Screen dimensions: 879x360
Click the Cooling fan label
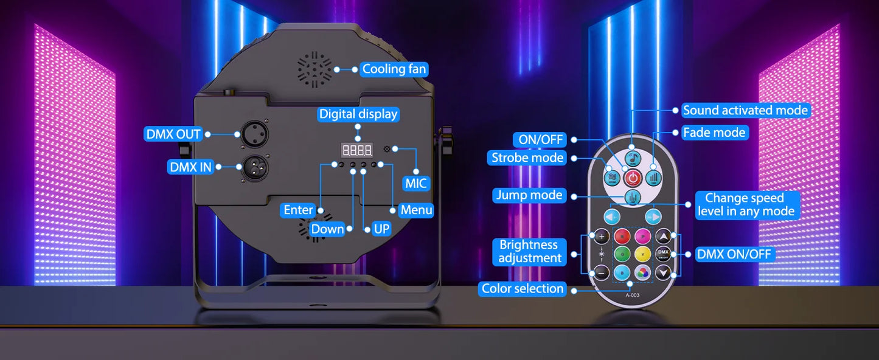point(394,69)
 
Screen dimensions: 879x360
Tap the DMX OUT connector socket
point(254,134)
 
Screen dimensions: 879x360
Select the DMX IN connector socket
point(255,167)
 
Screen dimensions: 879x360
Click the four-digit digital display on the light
point(356,150)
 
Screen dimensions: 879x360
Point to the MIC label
point(415,184)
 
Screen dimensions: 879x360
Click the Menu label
point(416,210)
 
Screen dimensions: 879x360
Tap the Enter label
point(298,210)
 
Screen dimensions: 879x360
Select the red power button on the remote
point(633,178)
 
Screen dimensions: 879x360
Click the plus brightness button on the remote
point(602,237)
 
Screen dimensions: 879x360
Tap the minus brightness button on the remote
point(602,272)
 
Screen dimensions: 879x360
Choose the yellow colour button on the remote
point(643,254)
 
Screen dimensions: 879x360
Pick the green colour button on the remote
point(622,254)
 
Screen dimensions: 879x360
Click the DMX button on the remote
point(663,254)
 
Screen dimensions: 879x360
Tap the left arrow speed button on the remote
point(612,216)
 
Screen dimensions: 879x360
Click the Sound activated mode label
point(746,111)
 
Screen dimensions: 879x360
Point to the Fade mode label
point(714,133)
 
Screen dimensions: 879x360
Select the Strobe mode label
point(527,157)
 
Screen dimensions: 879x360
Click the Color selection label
point(523,289)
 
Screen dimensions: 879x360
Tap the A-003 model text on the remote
point(633,296)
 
